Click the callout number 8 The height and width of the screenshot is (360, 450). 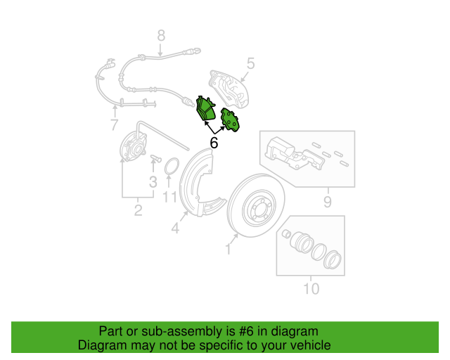coord(161,34)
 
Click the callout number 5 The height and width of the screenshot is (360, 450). coord(251,64)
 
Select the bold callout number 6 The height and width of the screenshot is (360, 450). coord(214,143)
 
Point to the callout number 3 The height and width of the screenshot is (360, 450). coord(153,183)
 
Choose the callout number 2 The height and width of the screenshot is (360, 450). coord(138,210)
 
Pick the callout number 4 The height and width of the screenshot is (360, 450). coord(175,228)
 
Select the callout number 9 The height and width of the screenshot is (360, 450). coord(327,204)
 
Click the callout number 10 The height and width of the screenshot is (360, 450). coord(311,288)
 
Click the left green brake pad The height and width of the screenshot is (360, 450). coord(207,110)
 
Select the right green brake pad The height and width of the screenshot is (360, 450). coord(231,120)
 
